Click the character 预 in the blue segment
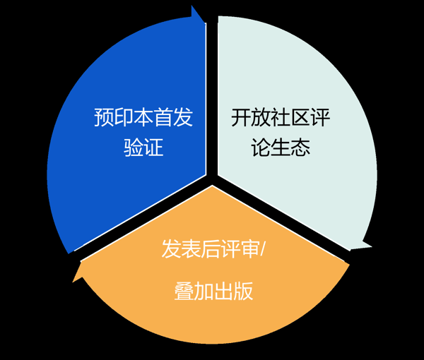coord(104,117)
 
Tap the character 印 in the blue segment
coord(124,117)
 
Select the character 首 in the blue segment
coord(163,117)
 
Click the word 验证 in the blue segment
coord(143,147)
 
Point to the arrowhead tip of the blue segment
coord(205,23)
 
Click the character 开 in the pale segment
coord(241,117)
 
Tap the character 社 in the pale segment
coord(281,117)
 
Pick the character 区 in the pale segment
coord(300,117)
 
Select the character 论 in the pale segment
coord(260,148)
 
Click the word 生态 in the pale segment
coord(290,148)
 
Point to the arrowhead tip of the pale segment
coord(372,246)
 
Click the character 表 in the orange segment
coord(191,248)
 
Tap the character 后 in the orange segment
coord(211,248)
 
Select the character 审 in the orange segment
coord(250,248)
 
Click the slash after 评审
coord(263,249)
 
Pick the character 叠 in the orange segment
coord(184,291)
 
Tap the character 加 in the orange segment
coord(204,291)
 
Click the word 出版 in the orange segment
coord(234,291)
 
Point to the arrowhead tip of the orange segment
coord(73,282)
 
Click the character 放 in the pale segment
coord(261,117)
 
